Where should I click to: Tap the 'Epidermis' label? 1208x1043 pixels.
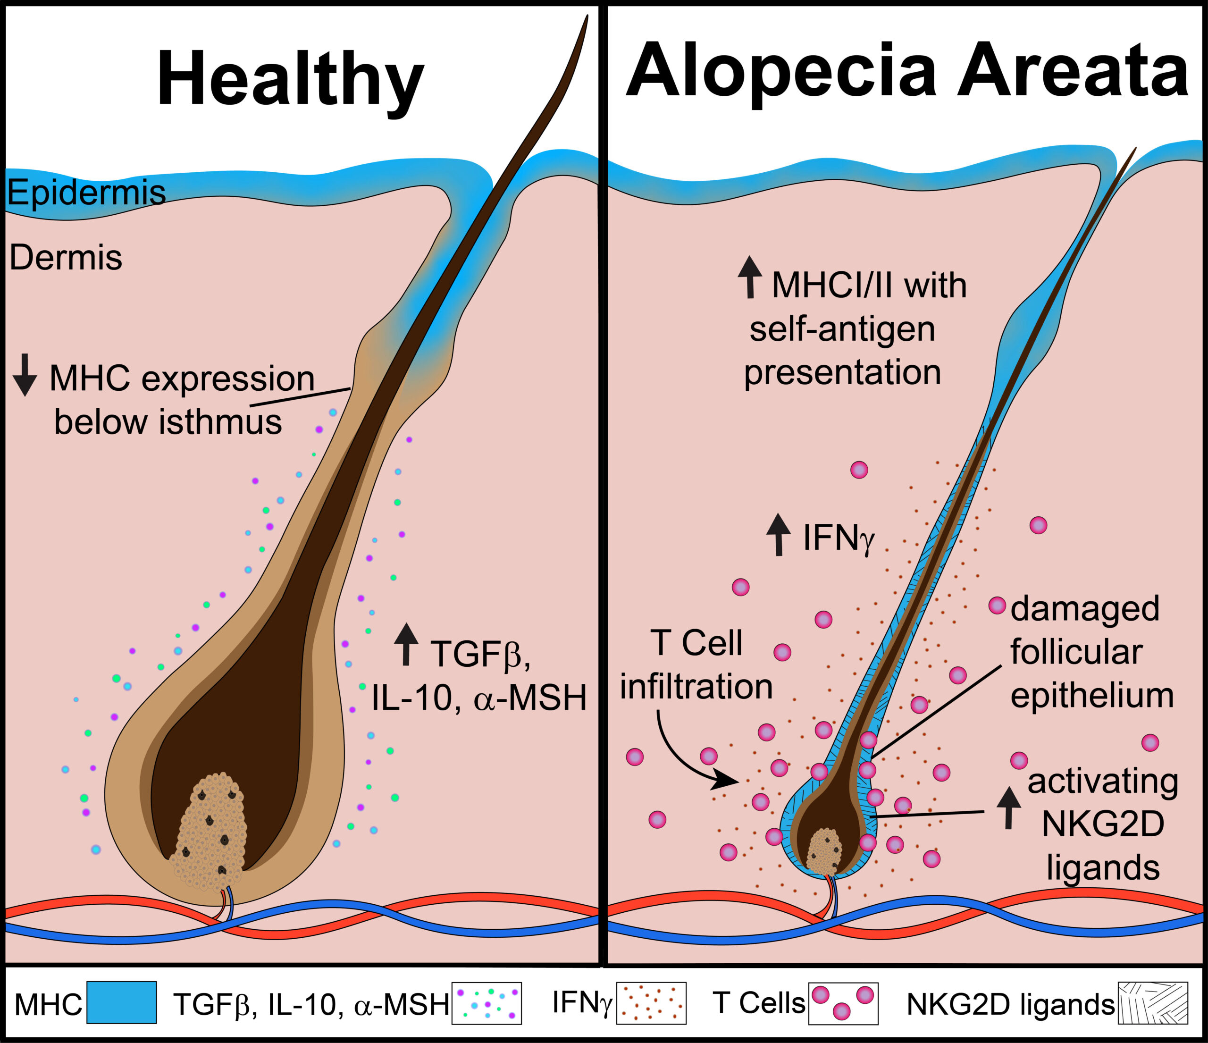coord(86,192)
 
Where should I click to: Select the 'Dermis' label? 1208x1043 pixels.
coord(66,257)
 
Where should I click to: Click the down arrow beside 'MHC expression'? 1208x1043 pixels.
coord(25,375)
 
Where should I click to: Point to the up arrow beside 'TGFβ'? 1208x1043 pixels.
coord(406,644)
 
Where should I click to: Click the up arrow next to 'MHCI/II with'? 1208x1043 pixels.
coord(750,277)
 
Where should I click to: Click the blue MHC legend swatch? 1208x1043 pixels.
coord(121,1003)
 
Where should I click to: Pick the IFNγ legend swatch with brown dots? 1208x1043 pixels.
coord(651,1003)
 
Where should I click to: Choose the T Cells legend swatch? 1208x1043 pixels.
coord(843,1003)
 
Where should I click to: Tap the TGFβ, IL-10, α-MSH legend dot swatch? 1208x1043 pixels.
coord(486,1003)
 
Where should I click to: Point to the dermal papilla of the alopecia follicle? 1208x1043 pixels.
coord(823,851)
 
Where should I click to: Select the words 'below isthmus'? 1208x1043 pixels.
coord(168,422)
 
